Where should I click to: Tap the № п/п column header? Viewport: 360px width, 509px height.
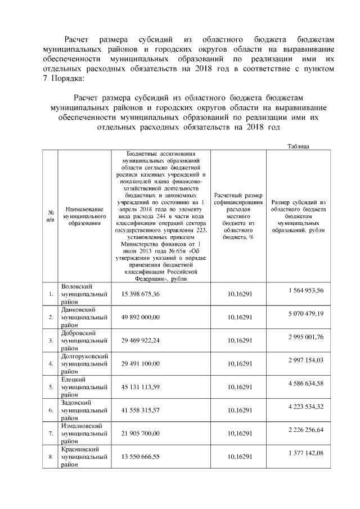point(51,215)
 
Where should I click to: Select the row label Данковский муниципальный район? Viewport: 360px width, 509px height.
point(84,317)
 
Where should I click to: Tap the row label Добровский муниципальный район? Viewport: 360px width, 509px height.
point(84,340)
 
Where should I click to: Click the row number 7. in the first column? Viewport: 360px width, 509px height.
point(51,434)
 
